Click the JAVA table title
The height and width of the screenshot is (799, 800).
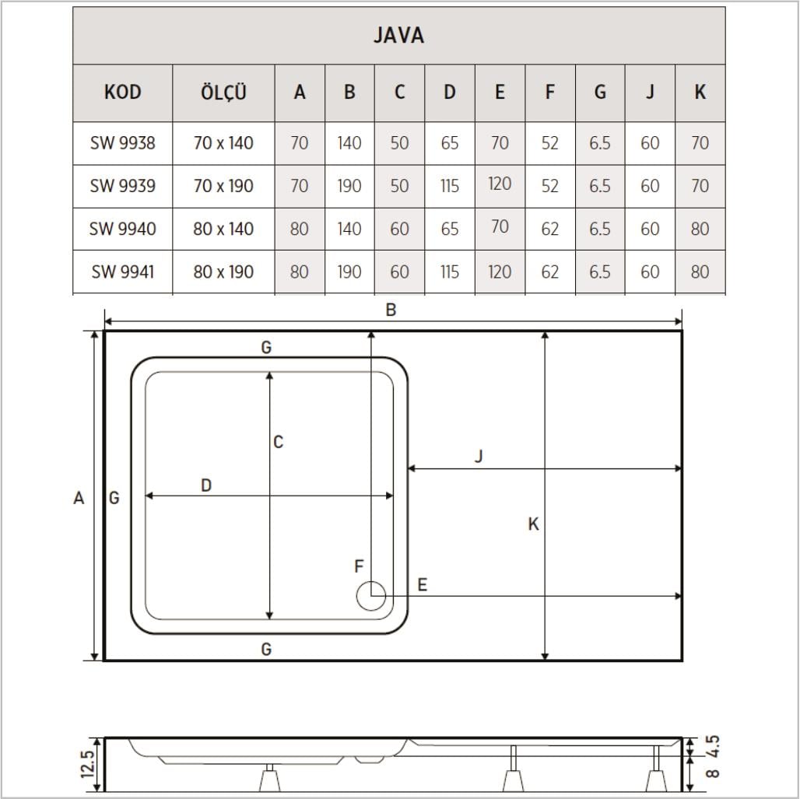[398, 36]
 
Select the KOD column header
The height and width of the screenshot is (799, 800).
[122, 93]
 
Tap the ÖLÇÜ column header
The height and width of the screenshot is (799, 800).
[223, 93]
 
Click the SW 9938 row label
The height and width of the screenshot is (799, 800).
[122, 143]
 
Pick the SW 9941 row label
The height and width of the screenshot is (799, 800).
[122, 272]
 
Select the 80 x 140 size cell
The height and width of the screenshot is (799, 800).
[223, 230]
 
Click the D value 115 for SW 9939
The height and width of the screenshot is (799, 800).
[449, 187]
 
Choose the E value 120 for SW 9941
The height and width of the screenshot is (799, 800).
[499, 272]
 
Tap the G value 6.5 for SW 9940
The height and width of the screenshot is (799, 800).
[599, 230]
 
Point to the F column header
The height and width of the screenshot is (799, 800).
[549, 93]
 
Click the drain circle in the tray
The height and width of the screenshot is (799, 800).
[370, 597]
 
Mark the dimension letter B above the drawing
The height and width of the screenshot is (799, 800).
[391, 310]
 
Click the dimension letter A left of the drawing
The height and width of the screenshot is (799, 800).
[79, 498]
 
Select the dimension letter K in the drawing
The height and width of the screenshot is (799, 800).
[533, 524]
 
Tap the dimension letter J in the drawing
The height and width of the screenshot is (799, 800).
[479, 457]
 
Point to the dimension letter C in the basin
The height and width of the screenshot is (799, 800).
[278, 443]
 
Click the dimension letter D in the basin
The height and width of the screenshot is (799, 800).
[206, 485]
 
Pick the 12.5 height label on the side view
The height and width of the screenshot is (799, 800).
[87, 763]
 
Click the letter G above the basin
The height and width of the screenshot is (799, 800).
[266, 348]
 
